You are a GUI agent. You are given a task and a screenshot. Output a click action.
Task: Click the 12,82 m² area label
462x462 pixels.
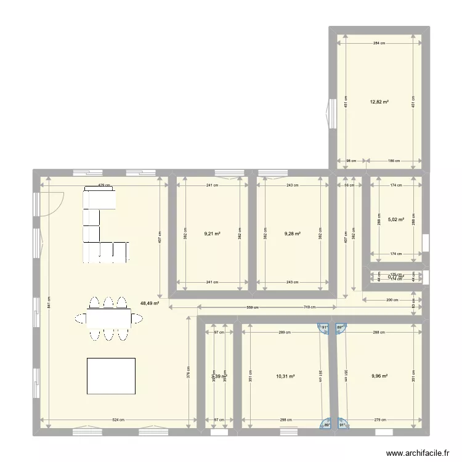[379, 102]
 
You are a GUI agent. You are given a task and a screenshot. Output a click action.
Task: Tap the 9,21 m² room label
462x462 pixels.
[213, 234]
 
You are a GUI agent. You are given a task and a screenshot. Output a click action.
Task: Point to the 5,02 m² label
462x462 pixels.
[395, 219]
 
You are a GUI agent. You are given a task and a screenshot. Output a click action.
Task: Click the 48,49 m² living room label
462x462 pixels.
[150, 303]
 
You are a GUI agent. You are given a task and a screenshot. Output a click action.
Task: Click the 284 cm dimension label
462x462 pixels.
[379, 44]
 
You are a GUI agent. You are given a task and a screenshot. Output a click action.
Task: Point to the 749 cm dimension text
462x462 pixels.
[310, 307]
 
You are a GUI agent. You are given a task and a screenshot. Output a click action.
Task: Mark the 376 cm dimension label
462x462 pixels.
[189, 371]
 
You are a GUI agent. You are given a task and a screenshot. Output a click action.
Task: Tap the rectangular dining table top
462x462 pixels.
[108, 318]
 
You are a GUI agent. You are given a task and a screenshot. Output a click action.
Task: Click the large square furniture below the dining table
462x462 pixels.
[111, 375]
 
